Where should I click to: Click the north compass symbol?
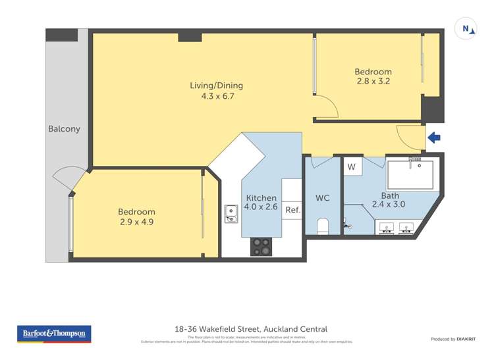(466, 28)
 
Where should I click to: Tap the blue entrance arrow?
(434, 138)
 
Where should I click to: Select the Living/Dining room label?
(216, 85)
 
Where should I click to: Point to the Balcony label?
(64, 129)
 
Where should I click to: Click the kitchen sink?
(231, 213)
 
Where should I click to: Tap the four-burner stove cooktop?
(261, 246)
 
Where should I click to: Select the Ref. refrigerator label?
(292, 211)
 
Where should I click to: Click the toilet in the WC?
(323, 226)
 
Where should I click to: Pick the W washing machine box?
(352, 167)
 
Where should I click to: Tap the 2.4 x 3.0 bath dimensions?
(389, 205)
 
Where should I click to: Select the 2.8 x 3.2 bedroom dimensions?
(373, 82)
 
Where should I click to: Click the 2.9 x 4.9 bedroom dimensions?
(136, 222)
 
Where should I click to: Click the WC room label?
(322, 197)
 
